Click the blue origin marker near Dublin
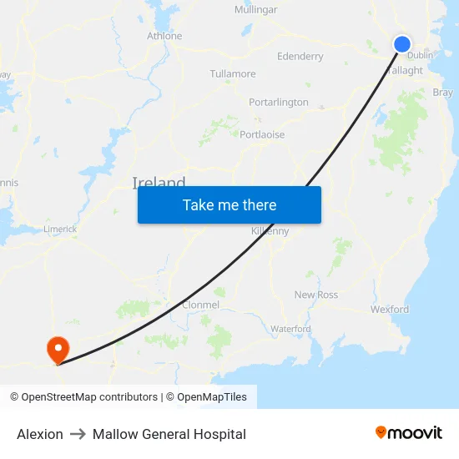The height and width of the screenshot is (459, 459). (402, 44)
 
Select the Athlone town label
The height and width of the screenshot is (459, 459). (164, 36)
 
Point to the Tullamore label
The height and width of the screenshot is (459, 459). (233, 73)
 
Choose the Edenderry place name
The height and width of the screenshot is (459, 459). (300, 57)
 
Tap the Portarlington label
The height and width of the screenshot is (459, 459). (279, 102)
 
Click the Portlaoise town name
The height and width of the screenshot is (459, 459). (262, 134)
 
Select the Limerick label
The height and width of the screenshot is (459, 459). (60, 229)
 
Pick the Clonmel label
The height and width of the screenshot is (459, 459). (200, 305)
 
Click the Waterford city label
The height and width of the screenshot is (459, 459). (290, 329)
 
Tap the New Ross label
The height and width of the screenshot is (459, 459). (316, 295)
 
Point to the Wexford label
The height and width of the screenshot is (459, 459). (390, 309)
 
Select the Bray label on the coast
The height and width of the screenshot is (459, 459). (443, 93)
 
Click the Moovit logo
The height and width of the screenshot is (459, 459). (409, 433)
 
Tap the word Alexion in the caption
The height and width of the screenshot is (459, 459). (40, 434)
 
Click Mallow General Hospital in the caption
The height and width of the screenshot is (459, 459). (169, 434)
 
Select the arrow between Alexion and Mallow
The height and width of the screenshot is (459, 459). (78, 434)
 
